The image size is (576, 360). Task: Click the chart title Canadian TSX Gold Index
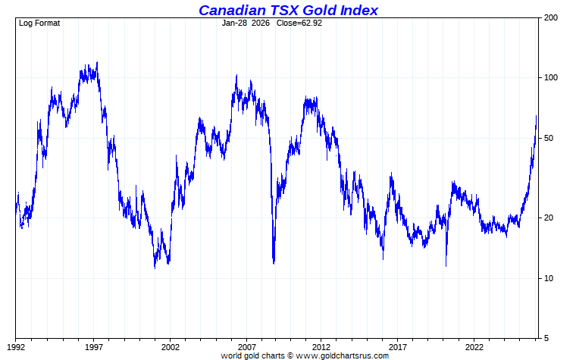[288, 10]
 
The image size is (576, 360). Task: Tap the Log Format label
[39, 23]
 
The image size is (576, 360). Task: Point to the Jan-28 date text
[235, 23]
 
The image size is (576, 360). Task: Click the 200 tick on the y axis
[551, 17]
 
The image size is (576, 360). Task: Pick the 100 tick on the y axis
[551, 77]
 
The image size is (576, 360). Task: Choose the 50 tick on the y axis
[549, 138]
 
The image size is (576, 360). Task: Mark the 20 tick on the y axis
[549, 218]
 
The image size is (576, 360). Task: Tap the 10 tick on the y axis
[549, 278]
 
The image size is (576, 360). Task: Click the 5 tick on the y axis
[546, 338]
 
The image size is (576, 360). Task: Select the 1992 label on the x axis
[17, 347]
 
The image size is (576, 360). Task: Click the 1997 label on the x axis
[94, 347]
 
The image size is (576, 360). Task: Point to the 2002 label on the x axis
[170, 347]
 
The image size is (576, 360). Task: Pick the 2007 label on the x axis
[246, 347]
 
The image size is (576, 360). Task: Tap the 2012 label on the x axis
[322, 347]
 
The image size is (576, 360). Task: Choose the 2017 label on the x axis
[399, 347]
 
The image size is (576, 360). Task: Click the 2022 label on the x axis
[474, 347]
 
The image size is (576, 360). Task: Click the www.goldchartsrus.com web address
[343, 355]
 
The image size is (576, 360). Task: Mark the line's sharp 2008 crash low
[274, 262]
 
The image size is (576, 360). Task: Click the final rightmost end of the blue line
[537, 116]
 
